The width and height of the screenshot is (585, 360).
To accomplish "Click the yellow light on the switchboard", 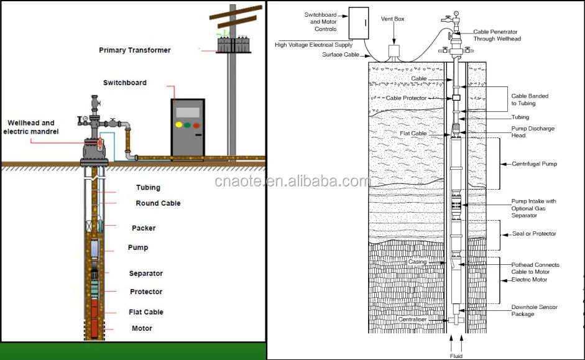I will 179,124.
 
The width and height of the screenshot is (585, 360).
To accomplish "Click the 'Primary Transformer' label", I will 135,50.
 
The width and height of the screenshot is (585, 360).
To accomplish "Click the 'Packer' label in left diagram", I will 144,228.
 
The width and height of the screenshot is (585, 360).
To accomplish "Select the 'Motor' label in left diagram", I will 142,328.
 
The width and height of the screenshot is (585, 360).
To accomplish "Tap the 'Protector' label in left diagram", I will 146,292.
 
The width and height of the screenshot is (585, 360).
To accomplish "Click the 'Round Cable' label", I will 158,203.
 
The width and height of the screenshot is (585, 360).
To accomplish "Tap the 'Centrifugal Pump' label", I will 534,164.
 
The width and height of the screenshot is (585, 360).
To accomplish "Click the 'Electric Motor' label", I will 529,280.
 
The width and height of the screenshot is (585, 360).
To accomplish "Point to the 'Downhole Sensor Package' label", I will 534,310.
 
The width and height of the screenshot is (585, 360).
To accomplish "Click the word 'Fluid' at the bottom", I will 456,356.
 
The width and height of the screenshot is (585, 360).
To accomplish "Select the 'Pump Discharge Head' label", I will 533,132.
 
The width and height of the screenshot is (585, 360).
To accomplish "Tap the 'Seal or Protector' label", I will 533,234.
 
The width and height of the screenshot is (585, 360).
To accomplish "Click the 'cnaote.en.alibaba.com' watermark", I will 292,182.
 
